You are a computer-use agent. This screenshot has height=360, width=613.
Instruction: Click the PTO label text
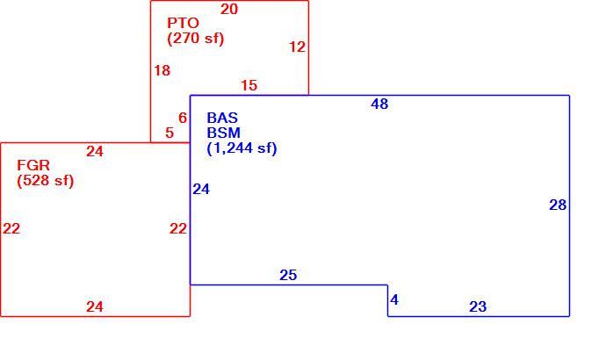183,23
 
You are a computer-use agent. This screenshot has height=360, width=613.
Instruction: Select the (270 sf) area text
196,39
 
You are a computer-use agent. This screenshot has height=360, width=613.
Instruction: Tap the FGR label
33,165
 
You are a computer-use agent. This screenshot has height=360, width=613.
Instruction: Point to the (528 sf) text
46,181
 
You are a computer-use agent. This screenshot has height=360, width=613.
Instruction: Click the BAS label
222,118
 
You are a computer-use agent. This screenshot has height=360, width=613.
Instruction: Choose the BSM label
224,133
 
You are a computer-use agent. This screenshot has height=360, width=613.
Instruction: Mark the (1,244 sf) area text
242,148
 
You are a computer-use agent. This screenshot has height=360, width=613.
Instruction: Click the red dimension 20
229,9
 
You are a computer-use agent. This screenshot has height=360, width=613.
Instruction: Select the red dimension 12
297,47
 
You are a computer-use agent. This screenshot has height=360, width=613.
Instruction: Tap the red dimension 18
162,71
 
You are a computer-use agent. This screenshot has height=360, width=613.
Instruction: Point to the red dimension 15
249,85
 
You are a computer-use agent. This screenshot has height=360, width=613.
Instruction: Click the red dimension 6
183,118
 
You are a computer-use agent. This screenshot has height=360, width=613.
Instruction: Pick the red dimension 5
169,133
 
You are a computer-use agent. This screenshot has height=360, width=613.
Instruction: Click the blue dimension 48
379,104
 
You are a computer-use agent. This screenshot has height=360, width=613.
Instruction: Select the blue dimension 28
558,205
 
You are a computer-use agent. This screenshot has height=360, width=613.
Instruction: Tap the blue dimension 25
288,275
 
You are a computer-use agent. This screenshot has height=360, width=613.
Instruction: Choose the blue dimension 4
394,299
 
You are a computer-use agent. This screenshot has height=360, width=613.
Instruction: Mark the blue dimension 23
478,306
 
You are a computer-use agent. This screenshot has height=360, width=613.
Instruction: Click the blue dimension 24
201,189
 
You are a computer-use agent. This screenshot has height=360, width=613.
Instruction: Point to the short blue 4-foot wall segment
388,300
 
